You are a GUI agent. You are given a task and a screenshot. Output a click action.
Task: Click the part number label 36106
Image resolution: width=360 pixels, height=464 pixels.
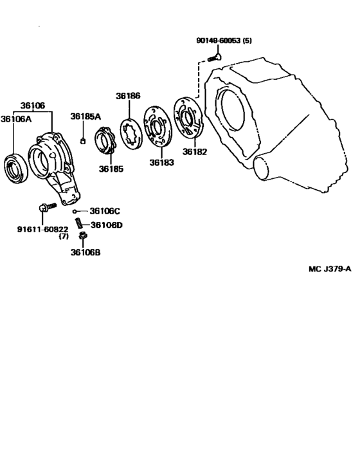32,106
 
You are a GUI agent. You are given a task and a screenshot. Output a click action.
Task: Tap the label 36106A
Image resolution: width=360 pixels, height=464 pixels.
15,118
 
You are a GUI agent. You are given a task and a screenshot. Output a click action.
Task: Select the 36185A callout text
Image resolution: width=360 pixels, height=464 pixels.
85,116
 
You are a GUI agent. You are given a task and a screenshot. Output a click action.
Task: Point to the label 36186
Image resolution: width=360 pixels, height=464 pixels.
128,96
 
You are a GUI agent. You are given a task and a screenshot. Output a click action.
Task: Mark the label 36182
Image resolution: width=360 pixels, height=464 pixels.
194,153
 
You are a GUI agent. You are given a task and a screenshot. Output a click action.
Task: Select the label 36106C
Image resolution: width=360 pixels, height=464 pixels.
105,210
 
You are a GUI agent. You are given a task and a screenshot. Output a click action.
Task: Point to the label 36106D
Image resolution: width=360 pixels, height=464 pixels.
106,225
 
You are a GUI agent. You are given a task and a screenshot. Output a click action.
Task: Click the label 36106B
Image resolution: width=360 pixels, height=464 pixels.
85,252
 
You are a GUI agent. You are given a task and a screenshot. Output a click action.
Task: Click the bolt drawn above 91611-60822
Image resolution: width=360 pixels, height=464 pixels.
46,208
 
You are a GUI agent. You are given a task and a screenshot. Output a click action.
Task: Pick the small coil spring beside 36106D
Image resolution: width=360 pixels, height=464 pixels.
80,224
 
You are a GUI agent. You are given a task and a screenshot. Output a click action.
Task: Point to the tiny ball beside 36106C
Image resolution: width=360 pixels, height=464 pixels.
75,211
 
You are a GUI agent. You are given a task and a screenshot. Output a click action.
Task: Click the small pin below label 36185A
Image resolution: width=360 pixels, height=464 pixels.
82,141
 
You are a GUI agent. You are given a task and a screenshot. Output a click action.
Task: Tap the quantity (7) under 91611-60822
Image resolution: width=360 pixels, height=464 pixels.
64,236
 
